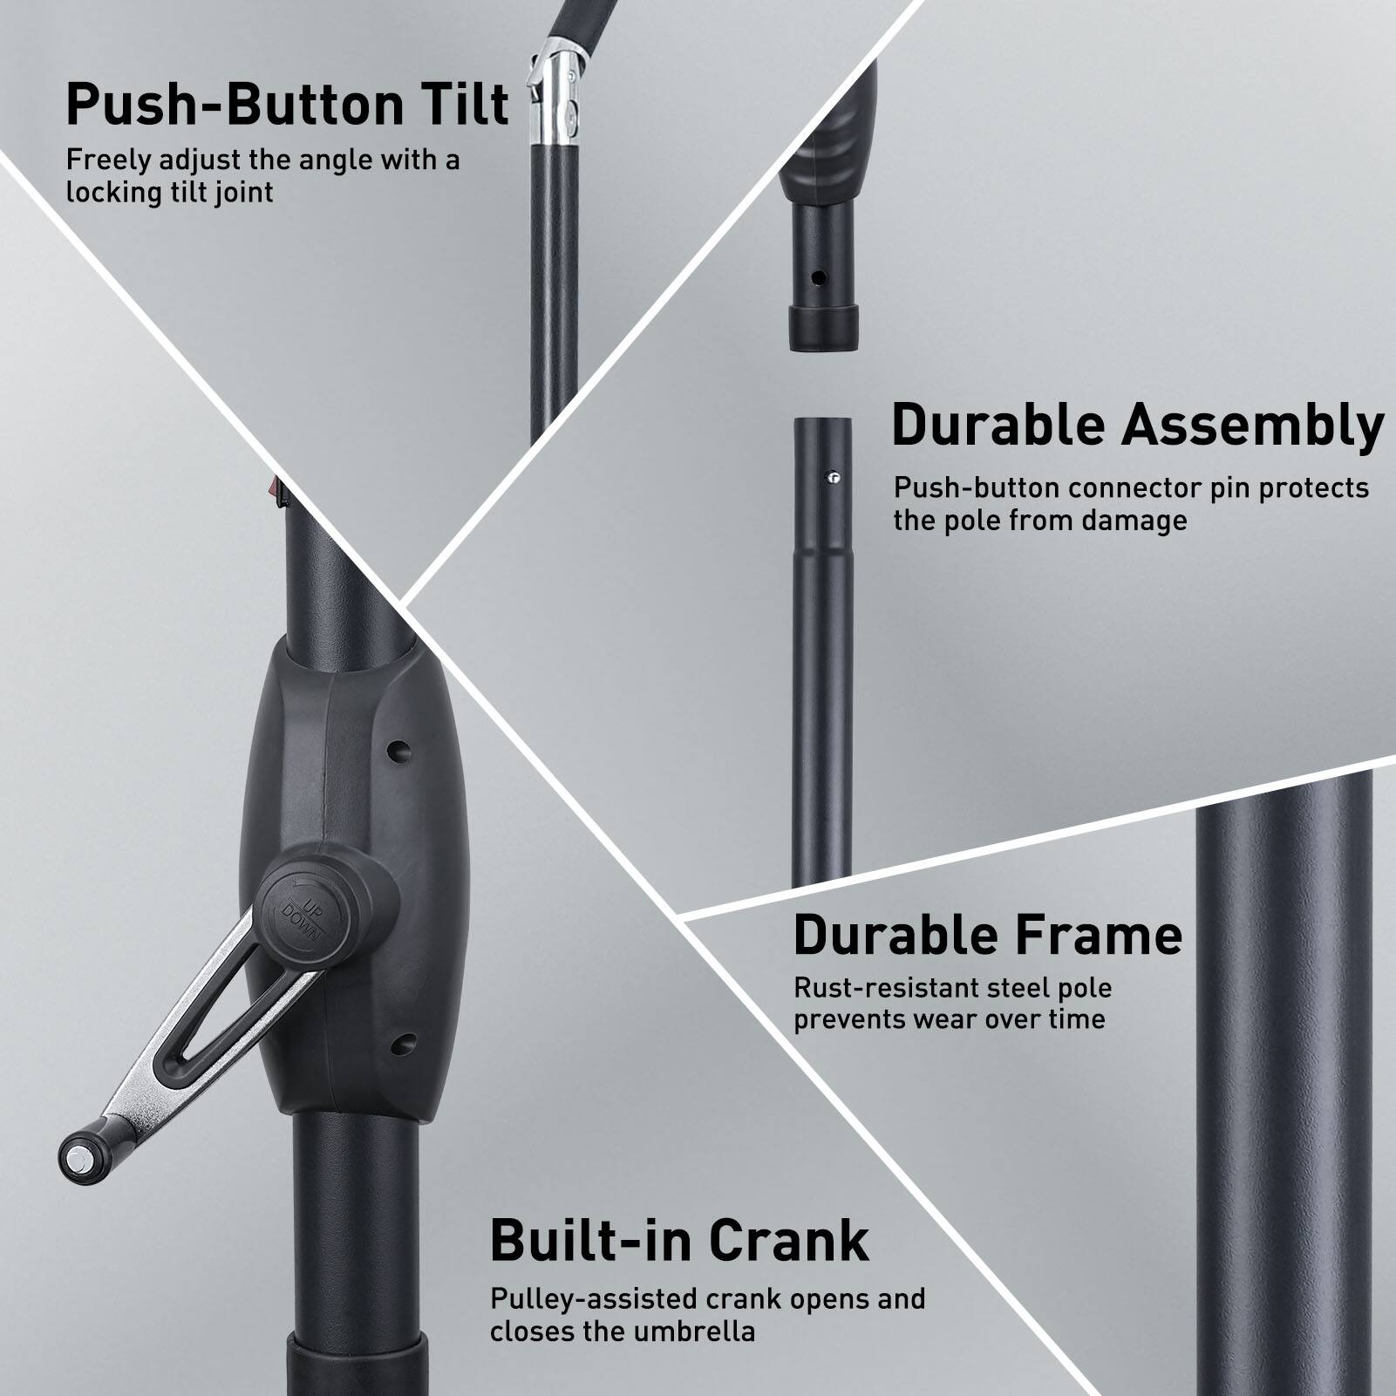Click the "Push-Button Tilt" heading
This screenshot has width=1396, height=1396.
(287, 106)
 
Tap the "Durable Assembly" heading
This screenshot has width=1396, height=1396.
(1137, 427)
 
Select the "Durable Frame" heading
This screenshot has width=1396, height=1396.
(987, 936)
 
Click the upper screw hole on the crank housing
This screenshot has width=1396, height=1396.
(399, 748)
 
